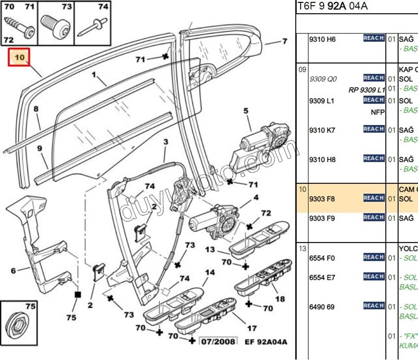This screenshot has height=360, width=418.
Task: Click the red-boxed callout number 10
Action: click(19, 57)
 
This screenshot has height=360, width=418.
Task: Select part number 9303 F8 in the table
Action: click(322, 199)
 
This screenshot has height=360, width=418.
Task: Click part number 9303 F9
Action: click(322, 218)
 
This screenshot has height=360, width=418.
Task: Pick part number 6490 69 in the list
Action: click(322, 307)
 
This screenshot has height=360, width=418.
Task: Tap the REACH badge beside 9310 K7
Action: click(374, 129)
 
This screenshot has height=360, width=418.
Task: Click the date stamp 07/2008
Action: click(218, 341)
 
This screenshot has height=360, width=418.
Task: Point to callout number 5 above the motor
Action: click(246, 111)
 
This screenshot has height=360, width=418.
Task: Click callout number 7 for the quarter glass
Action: click(285, 41)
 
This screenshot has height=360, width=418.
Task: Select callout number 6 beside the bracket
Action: click(13, 270)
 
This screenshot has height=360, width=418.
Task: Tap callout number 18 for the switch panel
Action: click(280, 299)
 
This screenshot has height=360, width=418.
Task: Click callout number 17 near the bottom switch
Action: click(252, 328)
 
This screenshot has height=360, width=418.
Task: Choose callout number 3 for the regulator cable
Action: click(166, 142)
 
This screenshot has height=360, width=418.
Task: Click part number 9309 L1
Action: click(322, 101)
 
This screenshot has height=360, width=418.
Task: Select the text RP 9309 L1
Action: click(366, 90)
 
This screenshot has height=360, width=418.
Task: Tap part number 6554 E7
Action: click(322, 277)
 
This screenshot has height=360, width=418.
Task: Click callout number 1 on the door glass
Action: click(93, 76)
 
